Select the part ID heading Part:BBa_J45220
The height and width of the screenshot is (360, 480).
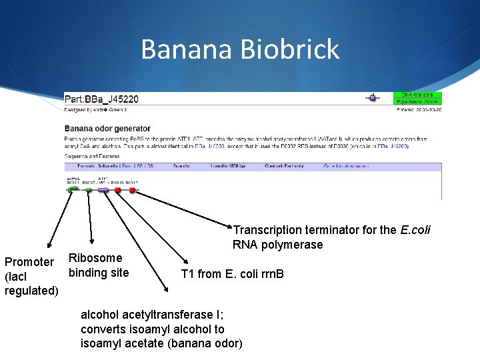pyautogui.click(x=101, y=99)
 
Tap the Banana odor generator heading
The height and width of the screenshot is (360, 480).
pyautogui.click(x=107, y=128)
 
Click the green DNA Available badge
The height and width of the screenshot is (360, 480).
pyautogui.click(x=417, y=95)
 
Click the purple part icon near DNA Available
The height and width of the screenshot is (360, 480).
pyautogui.click(x=375, y=98)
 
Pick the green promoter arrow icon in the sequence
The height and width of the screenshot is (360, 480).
pyautogui.click(x=73, y=189)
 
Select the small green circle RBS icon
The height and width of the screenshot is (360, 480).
pyautogui.click(x=89, y=190)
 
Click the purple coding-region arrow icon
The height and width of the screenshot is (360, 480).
pyautogui.click(x=103, y=190)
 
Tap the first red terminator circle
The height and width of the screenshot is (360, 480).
pyautogui.click(x=118, y=190)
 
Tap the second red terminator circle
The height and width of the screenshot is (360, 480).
pyautogui.click(x=132, y=190)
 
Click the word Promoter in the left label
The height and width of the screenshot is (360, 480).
pyautogui.click(x=29, y=262)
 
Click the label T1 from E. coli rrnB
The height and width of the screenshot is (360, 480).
pyautogui.click(x=232, y=273)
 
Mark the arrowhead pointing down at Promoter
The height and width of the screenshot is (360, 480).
pyautogui.click(x=47, y=249)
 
